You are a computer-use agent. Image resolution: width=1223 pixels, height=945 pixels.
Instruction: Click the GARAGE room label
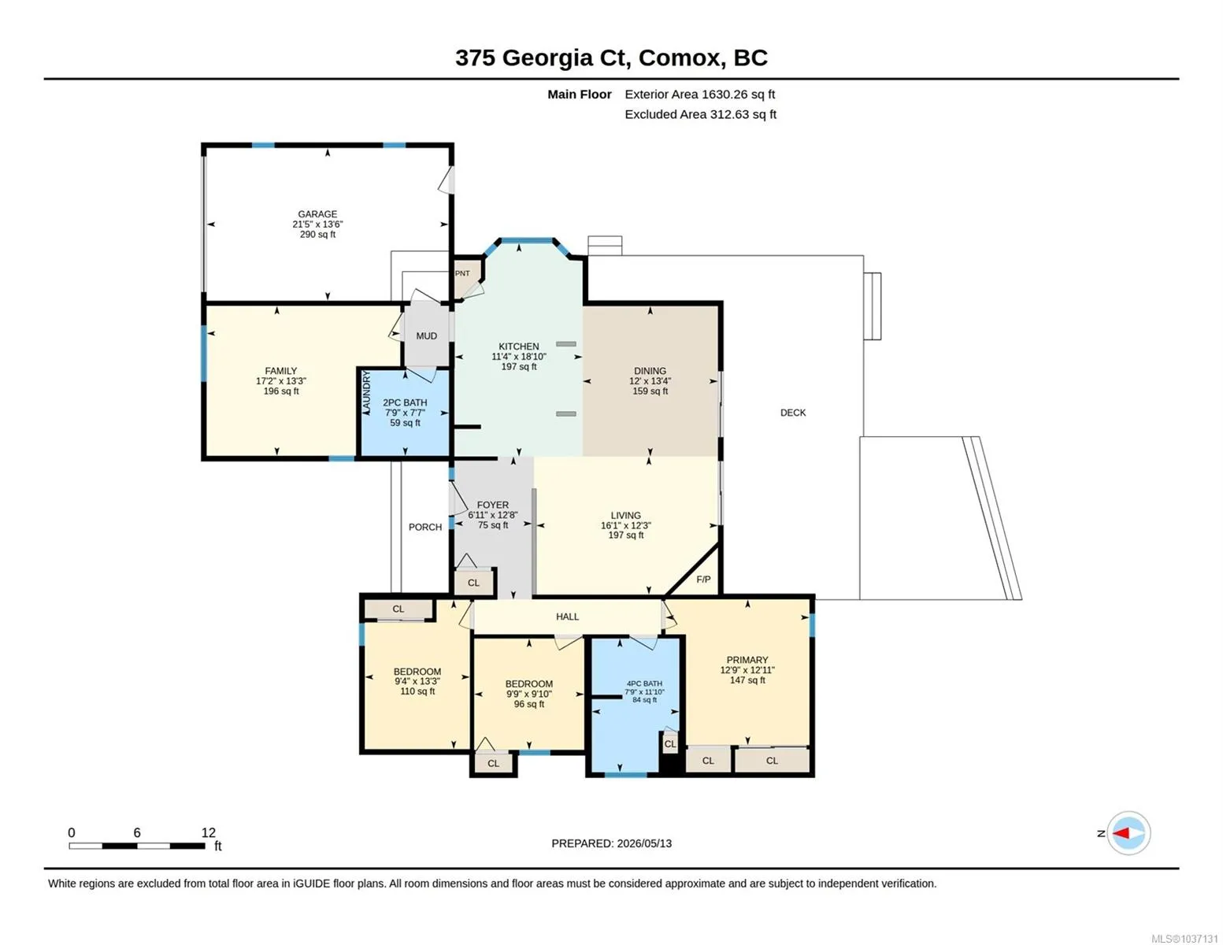(317, 214)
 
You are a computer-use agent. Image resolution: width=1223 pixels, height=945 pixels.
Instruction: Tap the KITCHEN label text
(518, 346)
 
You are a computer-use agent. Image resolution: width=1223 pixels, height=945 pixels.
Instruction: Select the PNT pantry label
(462, 273)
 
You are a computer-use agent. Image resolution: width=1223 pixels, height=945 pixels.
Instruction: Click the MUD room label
(426, 336)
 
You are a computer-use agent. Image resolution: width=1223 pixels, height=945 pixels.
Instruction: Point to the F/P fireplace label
(703, 580)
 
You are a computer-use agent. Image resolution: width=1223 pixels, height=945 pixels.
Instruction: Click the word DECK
(792, 413)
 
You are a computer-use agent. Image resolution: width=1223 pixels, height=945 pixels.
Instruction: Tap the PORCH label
(425, 527)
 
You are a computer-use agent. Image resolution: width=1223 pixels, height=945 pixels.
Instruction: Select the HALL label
(567, 617)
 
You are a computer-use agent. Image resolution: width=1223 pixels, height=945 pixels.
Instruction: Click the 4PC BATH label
(644, 684)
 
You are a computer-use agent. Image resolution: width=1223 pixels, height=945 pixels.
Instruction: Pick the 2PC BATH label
(405, 402)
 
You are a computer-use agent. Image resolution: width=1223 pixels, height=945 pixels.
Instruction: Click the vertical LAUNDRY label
(366, 392)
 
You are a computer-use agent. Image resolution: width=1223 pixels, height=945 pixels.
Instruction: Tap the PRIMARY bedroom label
(747, 660)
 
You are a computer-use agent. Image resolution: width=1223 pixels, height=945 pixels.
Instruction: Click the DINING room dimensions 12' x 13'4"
(650, 381)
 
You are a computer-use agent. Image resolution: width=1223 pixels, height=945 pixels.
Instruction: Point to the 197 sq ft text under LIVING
(625, 535)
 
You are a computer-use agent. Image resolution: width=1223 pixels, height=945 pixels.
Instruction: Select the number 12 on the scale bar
(208, 832)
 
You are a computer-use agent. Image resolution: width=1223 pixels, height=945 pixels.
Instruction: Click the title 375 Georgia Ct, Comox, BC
(611, 58)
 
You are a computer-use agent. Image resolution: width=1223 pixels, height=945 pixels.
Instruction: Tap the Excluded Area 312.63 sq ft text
(700, 114)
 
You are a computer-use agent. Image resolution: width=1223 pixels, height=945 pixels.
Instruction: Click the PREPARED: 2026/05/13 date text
(611, 843)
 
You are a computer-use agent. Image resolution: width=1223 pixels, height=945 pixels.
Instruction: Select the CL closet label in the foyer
(473, 583)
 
